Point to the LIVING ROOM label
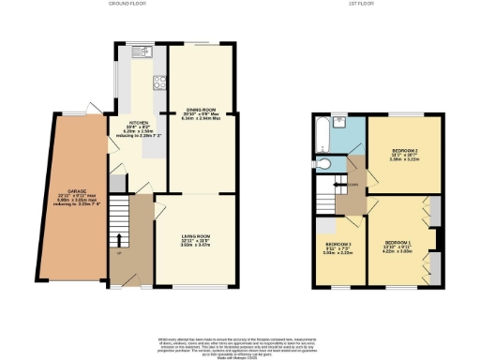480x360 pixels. click(194, 236)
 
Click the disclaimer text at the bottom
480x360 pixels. click(241, 343)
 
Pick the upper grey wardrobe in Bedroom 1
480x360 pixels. click(437, 212)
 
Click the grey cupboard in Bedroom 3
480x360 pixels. click(324, 225)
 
